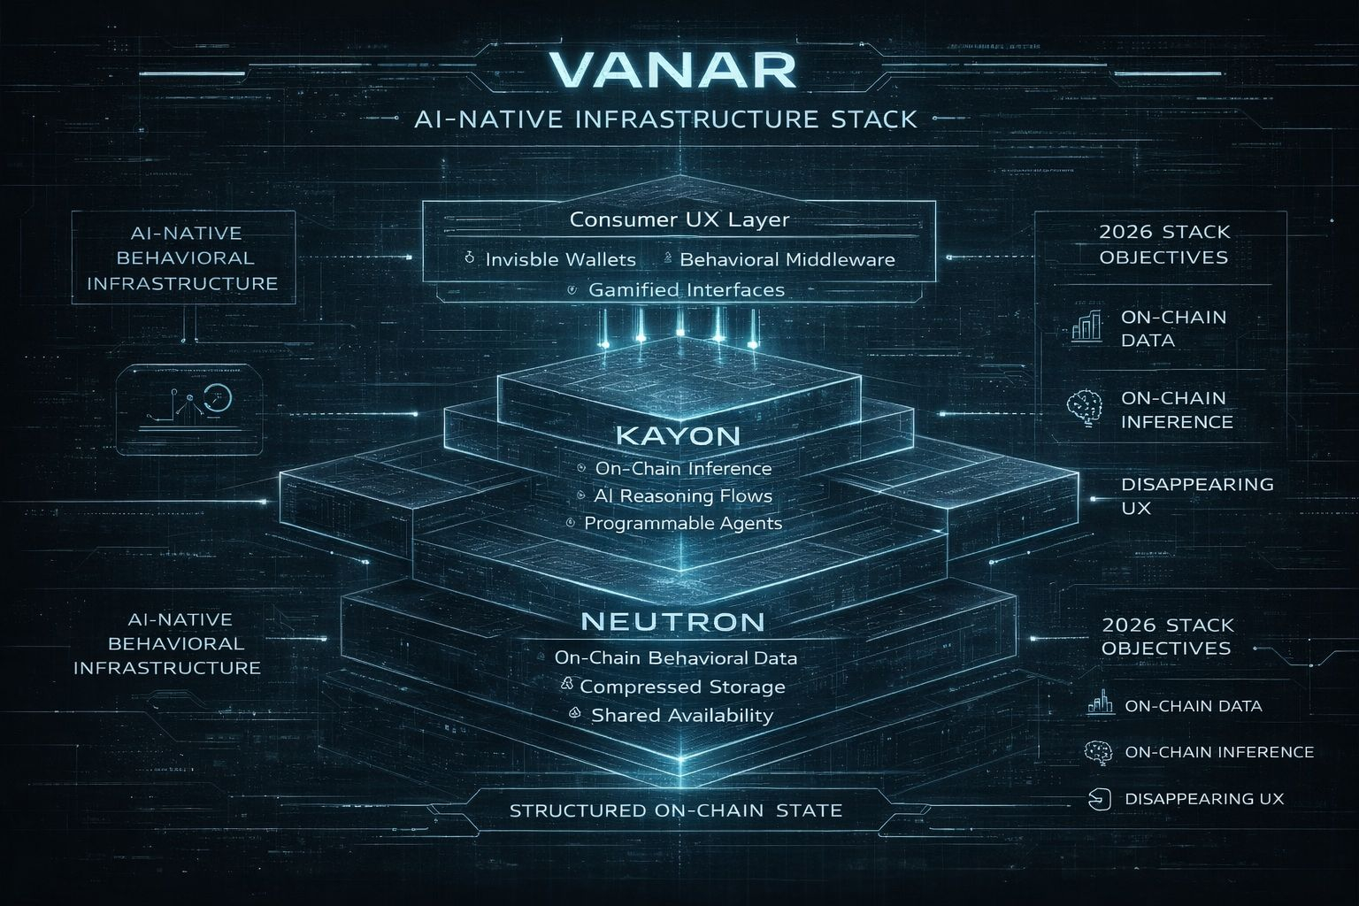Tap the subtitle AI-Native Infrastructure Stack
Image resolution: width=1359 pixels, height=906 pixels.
[x=665, y=119]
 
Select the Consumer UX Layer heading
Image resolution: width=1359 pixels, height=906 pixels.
[x=679, y=219]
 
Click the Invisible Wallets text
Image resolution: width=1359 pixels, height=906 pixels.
[x=560, y=259]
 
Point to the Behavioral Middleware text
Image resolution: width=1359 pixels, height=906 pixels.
[x=787, y=259]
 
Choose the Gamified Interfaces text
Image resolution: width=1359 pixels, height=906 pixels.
[x=686, y=289]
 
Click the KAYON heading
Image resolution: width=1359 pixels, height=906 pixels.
[x=678, y=435]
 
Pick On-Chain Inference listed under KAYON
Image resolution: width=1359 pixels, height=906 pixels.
[x=683, y=468]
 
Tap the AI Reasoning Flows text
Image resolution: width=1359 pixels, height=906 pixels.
[x=683, y=495]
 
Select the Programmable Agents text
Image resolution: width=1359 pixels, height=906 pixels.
[x=683, y=523]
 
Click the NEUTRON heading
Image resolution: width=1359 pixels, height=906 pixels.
[x=672, y=621]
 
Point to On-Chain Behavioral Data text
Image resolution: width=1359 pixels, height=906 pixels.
[x=676, y=657]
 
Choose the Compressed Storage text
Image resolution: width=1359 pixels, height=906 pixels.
[x=682, y=686]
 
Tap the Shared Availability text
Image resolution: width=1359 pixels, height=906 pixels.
[x=682, y=715]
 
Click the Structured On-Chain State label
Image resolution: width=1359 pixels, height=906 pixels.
[x=676, y=810]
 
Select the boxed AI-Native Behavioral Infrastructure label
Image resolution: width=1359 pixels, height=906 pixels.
[x=182, y=258]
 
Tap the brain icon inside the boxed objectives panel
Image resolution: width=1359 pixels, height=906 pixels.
[x=1085, y=408]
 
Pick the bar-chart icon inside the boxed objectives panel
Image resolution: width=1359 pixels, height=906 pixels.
[x=1086, y=326]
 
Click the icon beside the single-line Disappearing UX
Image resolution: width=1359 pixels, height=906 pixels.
[x=1098, y=799]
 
